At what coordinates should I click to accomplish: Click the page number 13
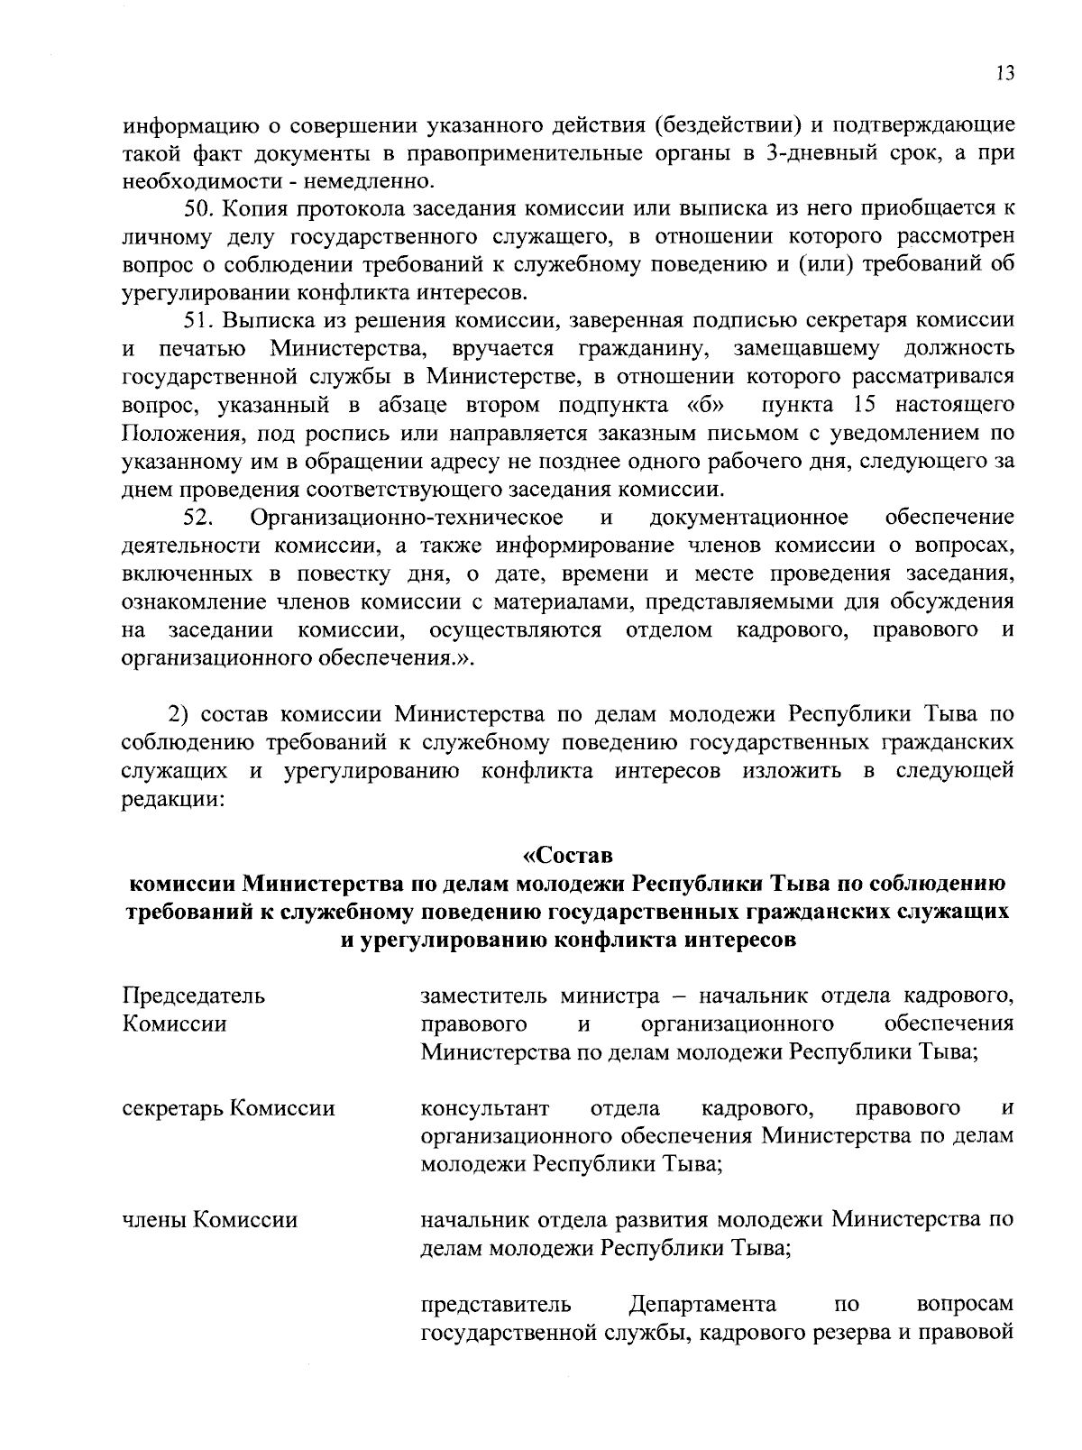(1005, 73)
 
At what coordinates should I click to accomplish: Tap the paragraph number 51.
(197, 320)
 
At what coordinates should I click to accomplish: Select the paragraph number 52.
(197, 518)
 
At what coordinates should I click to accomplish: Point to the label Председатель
(194, 996)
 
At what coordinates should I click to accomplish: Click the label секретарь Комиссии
(228, 1107)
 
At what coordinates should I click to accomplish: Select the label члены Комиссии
(209, 1220)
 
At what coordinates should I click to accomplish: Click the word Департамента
(703, 1304)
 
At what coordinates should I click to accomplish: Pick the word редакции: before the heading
(171, 799)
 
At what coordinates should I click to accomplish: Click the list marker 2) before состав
(180, 715)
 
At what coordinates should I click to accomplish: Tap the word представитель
(497, 1304)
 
